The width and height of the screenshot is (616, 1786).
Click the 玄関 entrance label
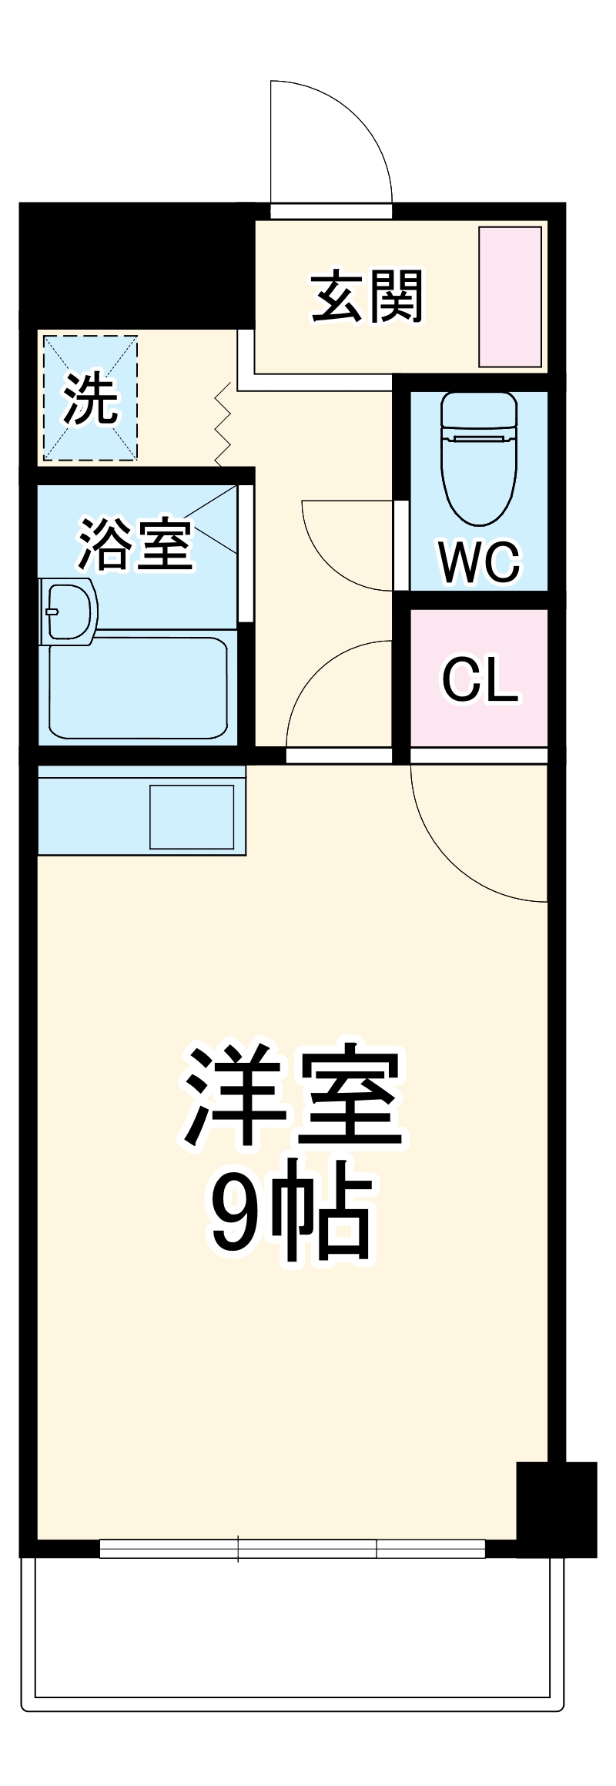click(367, 297)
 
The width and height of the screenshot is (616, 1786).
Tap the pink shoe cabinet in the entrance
click(510, 297)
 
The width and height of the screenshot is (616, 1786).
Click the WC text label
click(479, 562)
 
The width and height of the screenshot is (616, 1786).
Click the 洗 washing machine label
click(90, 398)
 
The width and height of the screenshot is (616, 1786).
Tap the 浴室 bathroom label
click(135, 544)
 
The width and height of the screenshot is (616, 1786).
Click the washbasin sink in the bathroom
click(69, 612)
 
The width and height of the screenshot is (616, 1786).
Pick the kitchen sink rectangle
click(192, 817)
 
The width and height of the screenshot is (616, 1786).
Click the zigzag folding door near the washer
click(223, 424)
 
